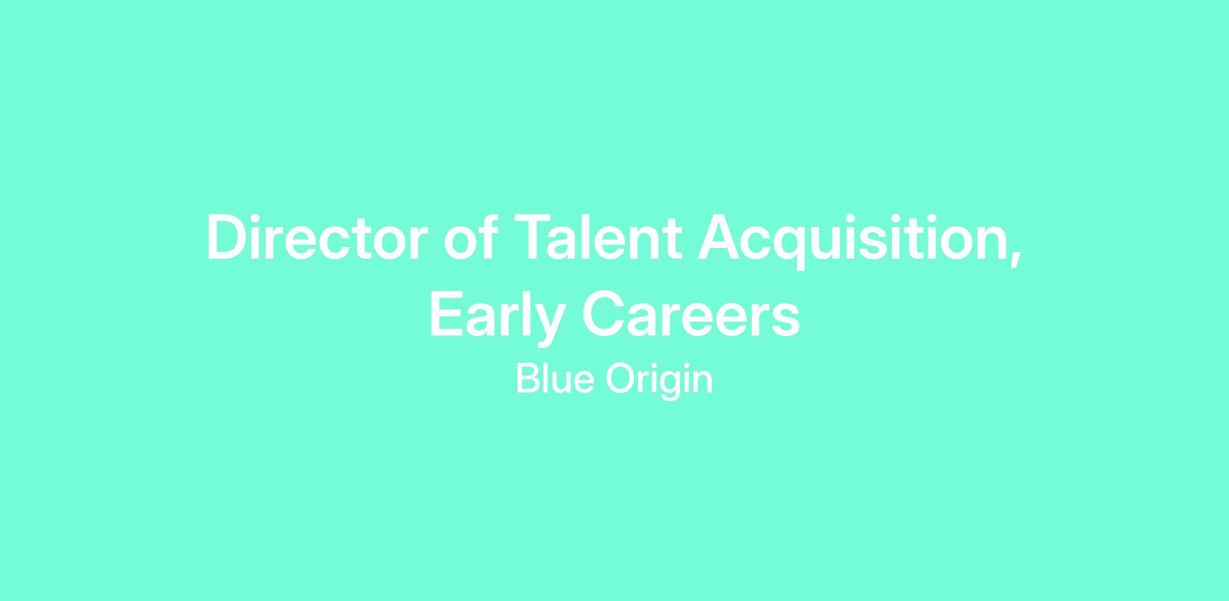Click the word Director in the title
[x=317, y=237]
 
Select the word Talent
[x=598, y=237]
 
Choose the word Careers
[x=691, y=314]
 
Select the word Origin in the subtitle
[x=659, y=381]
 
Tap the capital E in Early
[x=447, y=314]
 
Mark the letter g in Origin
[x=670, y=387]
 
